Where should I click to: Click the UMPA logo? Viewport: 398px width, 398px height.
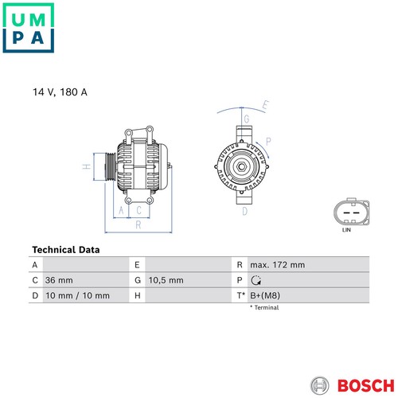pos(29,28)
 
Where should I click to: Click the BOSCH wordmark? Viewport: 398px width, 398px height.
pos(366,385)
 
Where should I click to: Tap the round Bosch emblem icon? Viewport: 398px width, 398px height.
pos(320,385)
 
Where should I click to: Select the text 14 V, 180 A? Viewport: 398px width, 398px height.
pos(60,92)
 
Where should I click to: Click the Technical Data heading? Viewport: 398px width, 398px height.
pos(66,250)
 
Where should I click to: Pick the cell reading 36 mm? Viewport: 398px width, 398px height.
pos(59,280)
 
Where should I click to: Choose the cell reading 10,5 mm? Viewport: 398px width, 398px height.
pos(166,280)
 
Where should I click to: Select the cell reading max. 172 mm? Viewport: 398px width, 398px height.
pos(278,265)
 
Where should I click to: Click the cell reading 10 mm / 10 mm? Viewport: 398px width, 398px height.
pos(77,295)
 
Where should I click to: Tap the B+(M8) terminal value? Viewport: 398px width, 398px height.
pos(265,295)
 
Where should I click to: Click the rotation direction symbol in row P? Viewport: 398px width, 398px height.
pos(256,280)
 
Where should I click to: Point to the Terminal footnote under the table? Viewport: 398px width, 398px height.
pos(264,307)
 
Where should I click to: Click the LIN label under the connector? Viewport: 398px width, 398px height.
pos(346,230)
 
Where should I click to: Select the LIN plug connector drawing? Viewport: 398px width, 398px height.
pos(351,212)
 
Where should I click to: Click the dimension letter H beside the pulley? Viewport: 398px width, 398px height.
pos(87,166)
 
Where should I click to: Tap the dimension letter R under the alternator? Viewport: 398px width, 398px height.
pos(139,225)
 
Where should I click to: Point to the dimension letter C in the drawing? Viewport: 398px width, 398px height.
pos(139,210)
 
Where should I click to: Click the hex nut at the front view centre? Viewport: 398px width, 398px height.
pos(241,166)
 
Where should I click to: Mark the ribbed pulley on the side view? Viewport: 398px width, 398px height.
pos(110,167)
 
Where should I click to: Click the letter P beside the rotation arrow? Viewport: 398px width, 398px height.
pos(268,142)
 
